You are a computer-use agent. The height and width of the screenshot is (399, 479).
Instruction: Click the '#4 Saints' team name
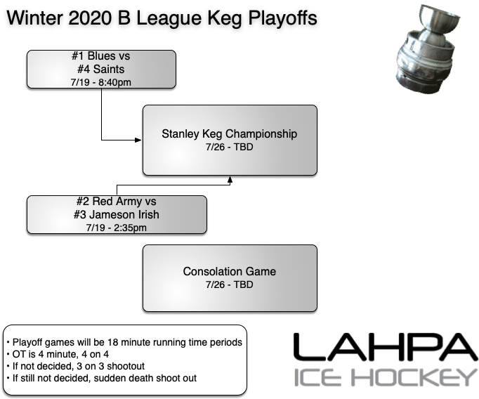click(x=101, y=70)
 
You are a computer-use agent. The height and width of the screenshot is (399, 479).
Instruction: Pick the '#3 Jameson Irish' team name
click(x=116, y=215)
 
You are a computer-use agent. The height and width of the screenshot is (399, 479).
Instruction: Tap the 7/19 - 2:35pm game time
click(x=116, y=227)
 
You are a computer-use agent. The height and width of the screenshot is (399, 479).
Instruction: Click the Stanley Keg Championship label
click(x=230, y=134)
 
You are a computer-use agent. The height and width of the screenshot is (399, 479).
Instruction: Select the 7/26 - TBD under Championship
click(x=230, y=147)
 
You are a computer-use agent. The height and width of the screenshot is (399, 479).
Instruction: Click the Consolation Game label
click(x=230, y=272)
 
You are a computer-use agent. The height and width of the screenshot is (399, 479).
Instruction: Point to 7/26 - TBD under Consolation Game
click(x=230, y=284)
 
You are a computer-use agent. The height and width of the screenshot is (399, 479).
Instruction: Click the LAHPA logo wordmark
click(x=384, y=348)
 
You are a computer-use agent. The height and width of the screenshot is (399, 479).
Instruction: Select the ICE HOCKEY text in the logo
click(x=384, y=377)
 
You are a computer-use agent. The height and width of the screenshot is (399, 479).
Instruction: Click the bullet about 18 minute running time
click(x=125, y=342)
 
